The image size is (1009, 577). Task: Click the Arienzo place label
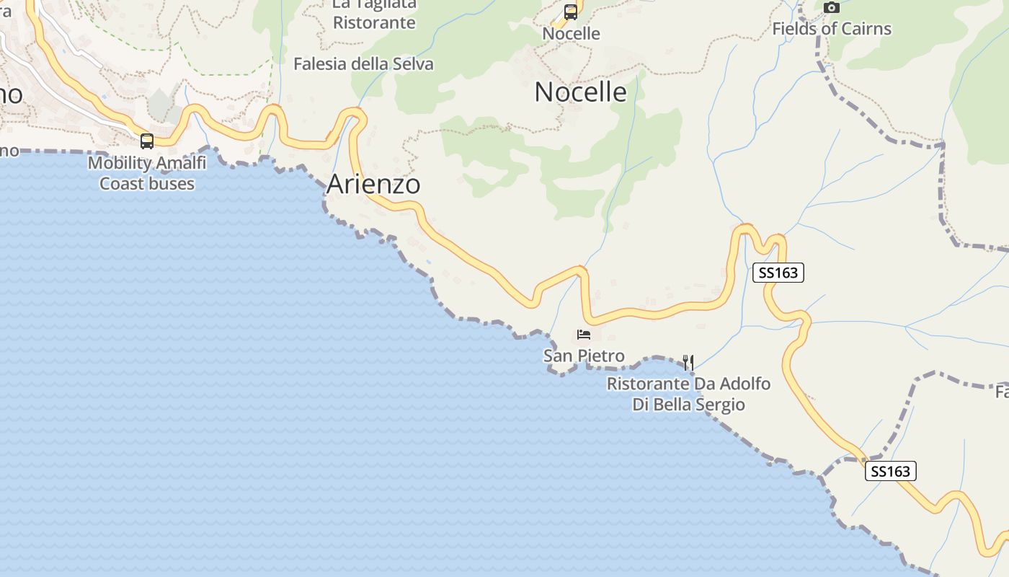coord(373,184)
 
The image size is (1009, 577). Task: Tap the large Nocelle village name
coord(580,92)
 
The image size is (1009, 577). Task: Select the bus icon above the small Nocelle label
coord(571,12)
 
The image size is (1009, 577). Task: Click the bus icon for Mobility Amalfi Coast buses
coord(147,141)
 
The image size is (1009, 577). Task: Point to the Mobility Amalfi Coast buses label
coord(147,173)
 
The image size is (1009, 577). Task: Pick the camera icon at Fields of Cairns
coord(832,8)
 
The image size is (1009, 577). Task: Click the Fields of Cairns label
coord(832,29)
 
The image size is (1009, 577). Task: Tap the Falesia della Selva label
coord(363,64)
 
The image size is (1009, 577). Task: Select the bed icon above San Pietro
coord(584,335)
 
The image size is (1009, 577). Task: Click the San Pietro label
coord(584,356)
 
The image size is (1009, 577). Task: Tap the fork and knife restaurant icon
coord(688,362)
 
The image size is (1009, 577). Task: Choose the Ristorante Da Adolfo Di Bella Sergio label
coord(688,394)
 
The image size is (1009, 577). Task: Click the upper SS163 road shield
coord(778,273)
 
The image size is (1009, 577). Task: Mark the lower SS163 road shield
coord(890,472)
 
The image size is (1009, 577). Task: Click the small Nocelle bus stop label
coord(571,34)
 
